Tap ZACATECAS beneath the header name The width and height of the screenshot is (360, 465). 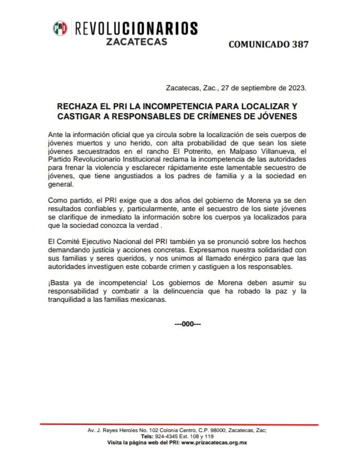pos(136,42)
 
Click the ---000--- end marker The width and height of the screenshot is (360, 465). pos(187,325)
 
